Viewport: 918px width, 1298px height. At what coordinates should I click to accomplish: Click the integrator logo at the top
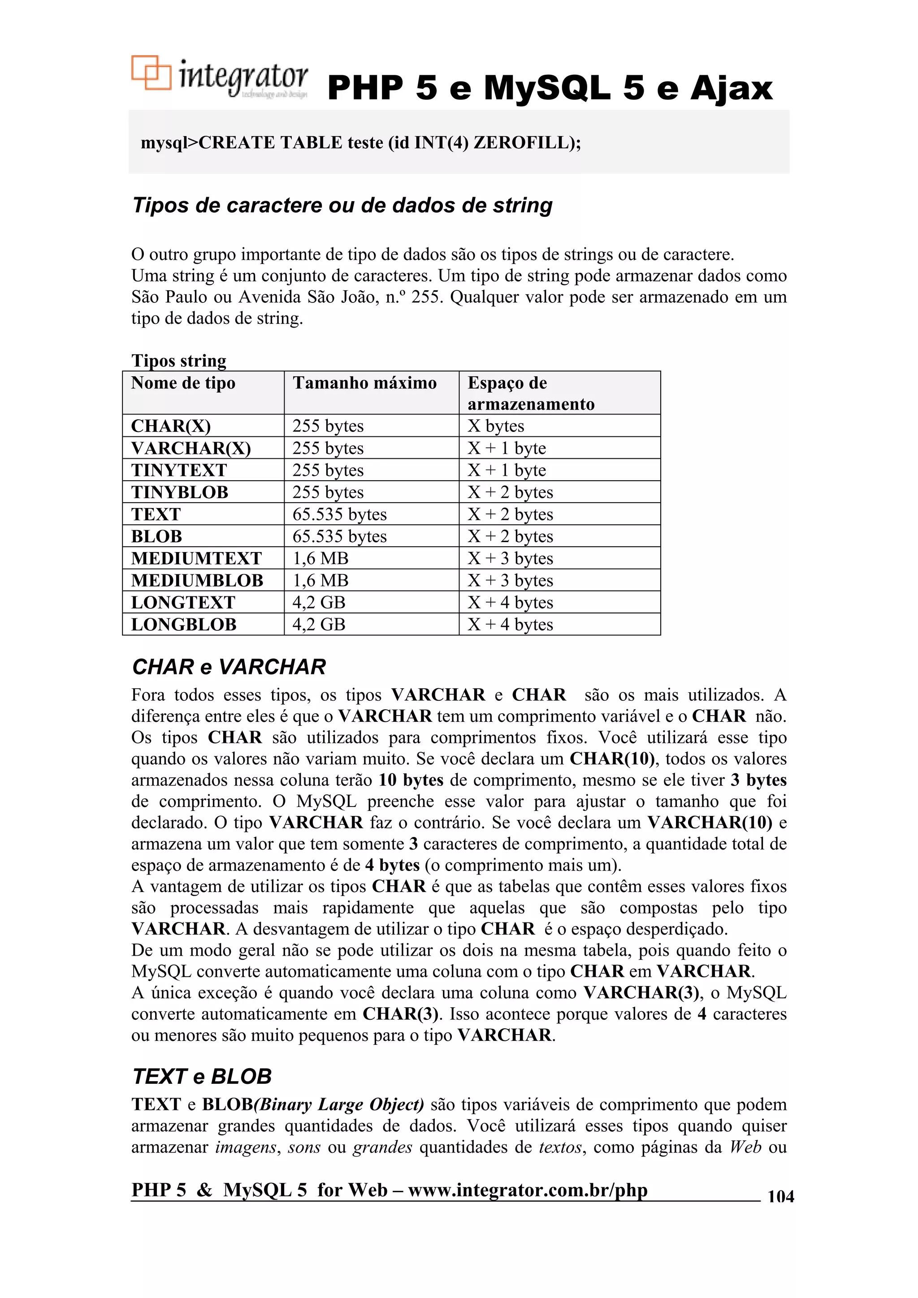(x=220, y=78)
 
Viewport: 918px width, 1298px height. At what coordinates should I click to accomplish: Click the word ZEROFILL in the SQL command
(x=523, y=142)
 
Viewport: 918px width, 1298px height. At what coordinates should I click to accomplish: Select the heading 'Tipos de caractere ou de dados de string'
(x=342, y=205)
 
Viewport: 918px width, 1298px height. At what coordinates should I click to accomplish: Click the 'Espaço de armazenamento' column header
(x=531, y=393)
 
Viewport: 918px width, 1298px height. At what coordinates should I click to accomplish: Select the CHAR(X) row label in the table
(x=171, y=426)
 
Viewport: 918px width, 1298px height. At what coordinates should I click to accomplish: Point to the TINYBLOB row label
(x=180, y=492)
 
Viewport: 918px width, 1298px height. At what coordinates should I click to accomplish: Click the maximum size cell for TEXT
(x=339, y=514)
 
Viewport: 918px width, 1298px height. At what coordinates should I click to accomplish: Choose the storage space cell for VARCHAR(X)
(x=507, y=448)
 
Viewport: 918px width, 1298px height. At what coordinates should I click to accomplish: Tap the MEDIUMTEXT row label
(x=196, y=559)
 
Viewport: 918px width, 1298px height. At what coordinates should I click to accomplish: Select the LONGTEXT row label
(x=183, y=603)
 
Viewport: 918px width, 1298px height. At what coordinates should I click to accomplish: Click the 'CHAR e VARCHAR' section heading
(x=229, y=667)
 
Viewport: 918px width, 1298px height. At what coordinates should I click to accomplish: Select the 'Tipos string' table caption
(x=179, y=361)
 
